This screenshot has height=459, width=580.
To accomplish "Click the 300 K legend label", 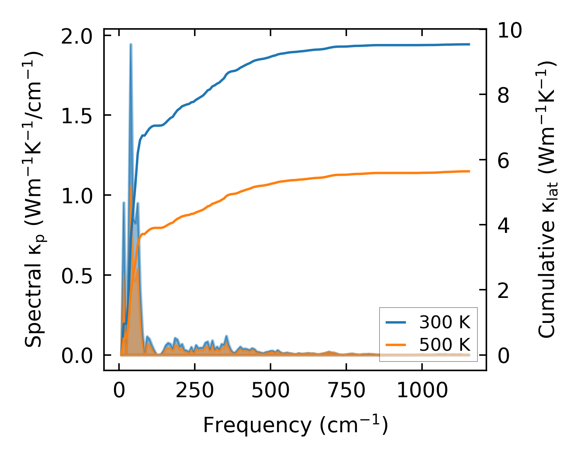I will [445, 323].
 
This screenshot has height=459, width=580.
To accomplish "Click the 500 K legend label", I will [445, 345].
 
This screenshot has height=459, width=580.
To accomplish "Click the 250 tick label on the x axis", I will [195, 390].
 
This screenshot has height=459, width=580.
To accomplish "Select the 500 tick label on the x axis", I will [271, 390].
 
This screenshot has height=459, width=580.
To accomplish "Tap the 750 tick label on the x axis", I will [346, 390].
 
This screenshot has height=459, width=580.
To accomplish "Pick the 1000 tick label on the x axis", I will [422, 390].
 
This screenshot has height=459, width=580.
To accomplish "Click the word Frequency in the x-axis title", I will [257, 426].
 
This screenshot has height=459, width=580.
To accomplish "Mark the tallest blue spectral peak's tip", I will [131, 44].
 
